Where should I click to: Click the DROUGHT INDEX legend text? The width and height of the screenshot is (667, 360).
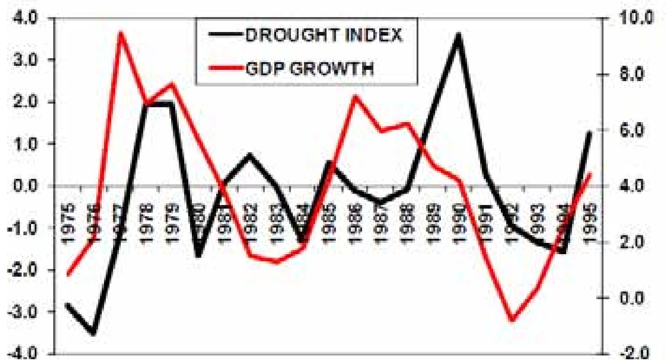pos(323,36)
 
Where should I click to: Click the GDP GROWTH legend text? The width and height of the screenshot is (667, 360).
pos(309,69)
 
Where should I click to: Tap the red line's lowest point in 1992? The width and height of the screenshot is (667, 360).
pos(512,320)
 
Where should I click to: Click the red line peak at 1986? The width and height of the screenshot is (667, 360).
pos(355,96)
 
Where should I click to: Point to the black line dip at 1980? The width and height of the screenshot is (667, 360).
pos(199,256)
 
